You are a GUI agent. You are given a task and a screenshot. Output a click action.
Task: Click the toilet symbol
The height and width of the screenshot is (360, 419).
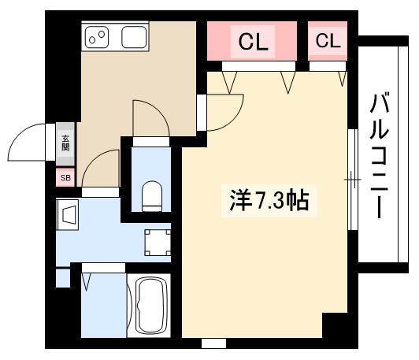[x=151, y=196]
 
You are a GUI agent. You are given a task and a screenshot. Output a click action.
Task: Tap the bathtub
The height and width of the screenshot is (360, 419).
[x=149, y=305]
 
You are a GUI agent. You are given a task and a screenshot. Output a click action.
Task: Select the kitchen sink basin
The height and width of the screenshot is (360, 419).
[x=134, y=37]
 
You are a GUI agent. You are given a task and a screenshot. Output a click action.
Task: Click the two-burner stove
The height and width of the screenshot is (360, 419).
[x=97, y=37]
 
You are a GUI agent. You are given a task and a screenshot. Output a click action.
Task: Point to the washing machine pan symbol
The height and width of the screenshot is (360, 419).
[x=158, y=243]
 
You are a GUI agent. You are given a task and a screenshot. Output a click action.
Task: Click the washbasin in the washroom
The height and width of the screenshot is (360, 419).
[x=68, y=214]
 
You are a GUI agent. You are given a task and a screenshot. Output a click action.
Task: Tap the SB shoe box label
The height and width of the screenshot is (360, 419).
[x=65, y=178]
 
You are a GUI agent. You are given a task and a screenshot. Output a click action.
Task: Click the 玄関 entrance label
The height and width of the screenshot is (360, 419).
[x=65, y=143]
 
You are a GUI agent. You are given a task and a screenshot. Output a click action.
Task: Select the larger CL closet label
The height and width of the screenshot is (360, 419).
[x=253, y=41]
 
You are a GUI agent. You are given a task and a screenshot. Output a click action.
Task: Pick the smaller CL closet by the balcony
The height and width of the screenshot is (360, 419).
[x=328, y=41]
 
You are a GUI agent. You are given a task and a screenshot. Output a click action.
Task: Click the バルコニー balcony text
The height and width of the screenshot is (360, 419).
[x=379, y=155]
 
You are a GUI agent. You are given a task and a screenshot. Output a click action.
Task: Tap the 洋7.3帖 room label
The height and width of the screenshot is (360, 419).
[x=269, y=200]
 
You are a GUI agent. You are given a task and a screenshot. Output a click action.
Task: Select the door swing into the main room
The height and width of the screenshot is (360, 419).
[x=233, y=120]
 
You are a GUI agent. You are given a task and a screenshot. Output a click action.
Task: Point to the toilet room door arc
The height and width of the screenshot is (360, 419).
[x=160, y=111]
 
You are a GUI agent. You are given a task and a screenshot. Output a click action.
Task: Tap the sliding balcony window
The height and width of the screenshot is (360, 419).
[x=353, y=180]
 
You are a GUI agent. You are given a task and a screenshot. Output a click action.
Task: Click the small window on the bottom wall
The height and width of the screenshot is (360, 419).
[x=213, y=343]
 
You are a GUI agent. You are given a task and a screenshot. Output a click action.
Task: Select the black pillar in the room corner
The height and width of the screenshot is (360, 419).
[x=335, y=325]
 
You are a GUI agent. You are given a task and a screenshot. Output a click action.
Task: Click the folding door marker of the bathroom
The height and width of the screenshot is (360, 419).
[x=87, y=282]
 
